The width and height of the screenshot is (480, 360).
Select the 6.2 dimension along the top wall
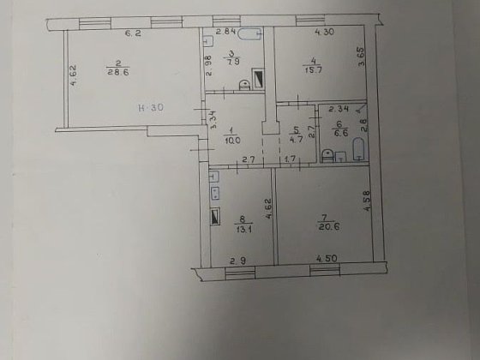(132, 33)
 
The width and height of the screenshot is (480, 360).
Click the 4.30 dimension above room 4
(323, 33)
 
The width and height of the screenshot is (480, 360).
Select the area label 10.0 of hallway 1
(231, 140)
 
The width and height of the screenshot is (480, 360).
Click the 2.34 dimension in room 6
(338, 109)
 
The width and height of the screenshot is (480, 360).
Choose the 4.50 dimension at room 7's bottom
(326, 260)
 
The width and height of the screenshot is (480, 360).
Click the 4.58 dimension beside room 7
(367, 207)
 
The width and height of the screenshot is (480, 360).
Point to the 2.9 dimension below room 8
(239, 260)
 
